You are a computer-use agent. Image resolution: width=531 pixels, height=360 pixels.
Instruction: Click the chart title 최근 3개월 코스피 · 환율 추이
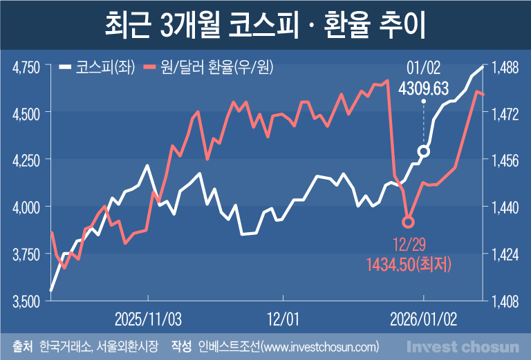click(x=265, y=26)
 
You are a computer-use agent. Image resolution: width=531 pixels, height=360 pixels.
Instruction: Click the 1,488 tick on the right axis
click(x=505, y=67)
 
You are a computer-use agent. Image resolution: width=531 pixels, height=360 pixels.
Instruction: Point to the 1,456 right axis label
click(x=505, y=160)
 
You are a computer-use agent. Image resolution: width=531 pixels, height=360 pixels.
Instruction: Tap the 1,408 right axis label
click(x=505, y=301)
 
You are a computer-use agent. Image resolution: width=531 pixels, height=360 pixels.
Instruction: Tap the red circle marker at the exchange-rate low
click(x=408, y=222)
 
